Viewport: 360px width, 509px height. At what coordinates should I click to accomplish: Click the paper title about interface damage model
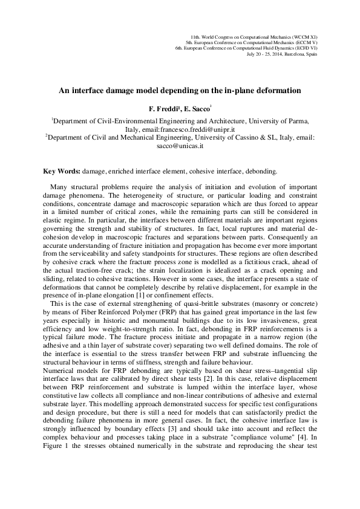(x=180, y=91)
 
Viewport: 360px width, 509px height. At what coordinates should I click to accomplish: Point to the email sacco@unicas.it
(x=180, y=146)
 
